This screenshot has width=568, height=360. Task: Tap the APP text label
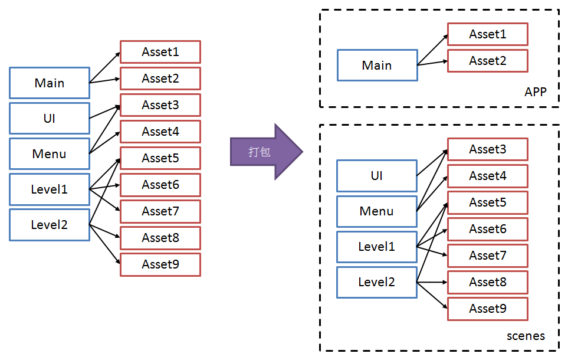(535, 92)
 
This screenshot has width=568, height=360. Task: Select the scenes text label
(526, 336)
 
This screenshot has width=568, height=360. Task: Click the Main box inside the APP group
(377, 65)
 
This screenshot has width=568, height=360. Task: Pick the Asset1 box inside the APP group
(487, 34)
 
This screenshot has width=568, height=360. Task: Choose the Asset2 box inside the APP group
(487, 61)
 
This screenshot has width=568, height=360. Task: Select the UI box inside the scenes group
(377, 176)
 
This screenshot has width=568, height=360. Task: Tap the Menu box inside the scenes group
(377, 211)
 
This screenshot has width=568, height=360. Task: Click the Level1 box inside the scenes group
(377, 247)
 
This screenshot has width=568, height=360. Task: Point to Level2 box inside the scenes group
(377, 282)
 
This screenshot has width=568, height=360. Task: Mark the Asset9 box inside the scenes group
(487, 309)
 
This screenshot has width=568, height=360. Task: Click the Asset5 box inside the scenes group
(487, 202)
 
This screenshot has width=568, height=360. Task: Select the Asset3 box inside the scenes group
(487, 149)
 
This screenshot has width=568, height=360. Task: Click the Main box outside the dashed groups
(50, 83)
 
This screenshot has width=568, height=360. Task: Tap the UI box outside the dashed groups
(50, 118)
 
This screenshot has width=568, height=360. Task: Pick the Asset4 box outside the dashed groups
(160, 132)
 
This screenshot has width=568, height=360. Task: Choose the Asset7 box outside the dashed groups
(160, 211)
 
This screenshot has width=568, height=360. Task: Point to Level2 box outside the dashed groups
(50, 224)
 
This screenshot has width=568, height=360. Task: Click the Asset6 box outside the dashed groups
(160, 185)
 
